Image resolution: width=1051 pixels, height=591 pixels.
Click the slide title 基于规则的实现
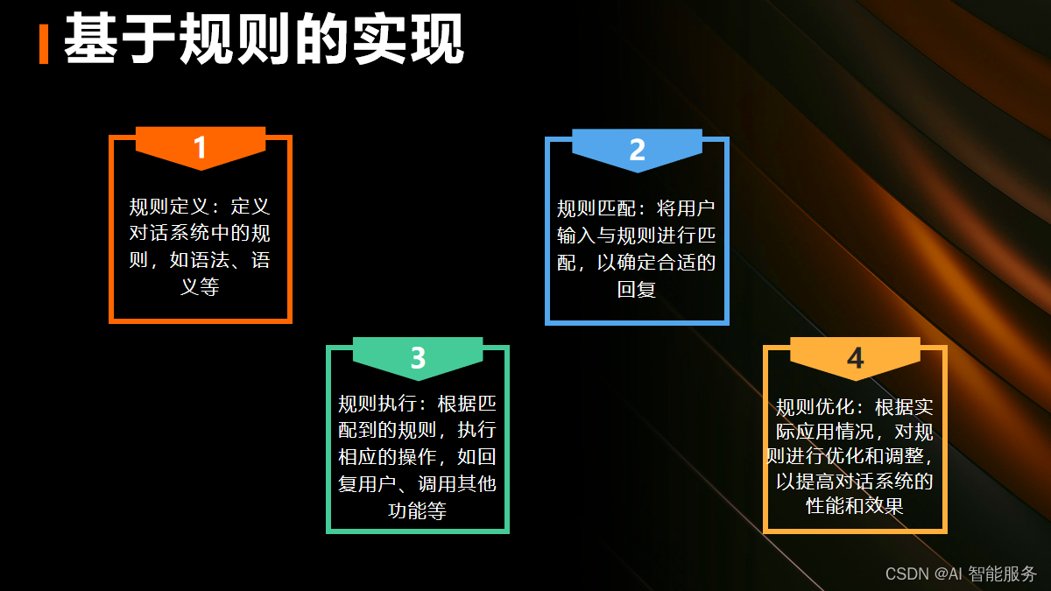click(x=264, y=39)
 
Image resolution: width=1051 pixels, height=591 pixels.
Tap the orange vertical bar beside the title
click(x=44, y=44)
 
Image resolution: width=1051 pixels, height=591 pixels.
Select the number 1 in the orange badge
click(x=201, y=148)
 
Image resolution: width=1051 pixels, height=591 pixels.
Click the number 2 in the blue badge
click(x=637, y=150)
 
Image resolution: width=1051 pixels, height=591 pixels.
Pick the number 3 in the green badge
click(x=418, y=358)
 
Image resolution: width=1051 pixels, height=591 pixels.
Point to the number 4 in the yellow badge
click(x=855, y=358)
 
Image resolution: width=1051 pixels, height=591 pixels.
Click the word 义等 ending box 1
click(x=200, y=286)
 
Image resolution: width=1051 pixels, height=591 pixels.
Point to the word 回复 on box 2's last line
click(x=637, y=289)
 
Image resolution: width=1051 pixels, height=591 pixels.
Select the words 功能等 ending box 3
click(x=417, y=510)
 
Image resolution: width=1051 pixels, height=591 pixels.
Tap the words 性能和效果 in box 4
click(x=855, y=506)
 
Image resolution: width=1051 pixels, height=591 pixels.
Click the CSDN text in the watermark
click(x=906, y=574)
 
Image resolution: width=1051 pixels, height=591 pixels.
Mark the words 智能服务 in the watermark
click(x=1003, y=574)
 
